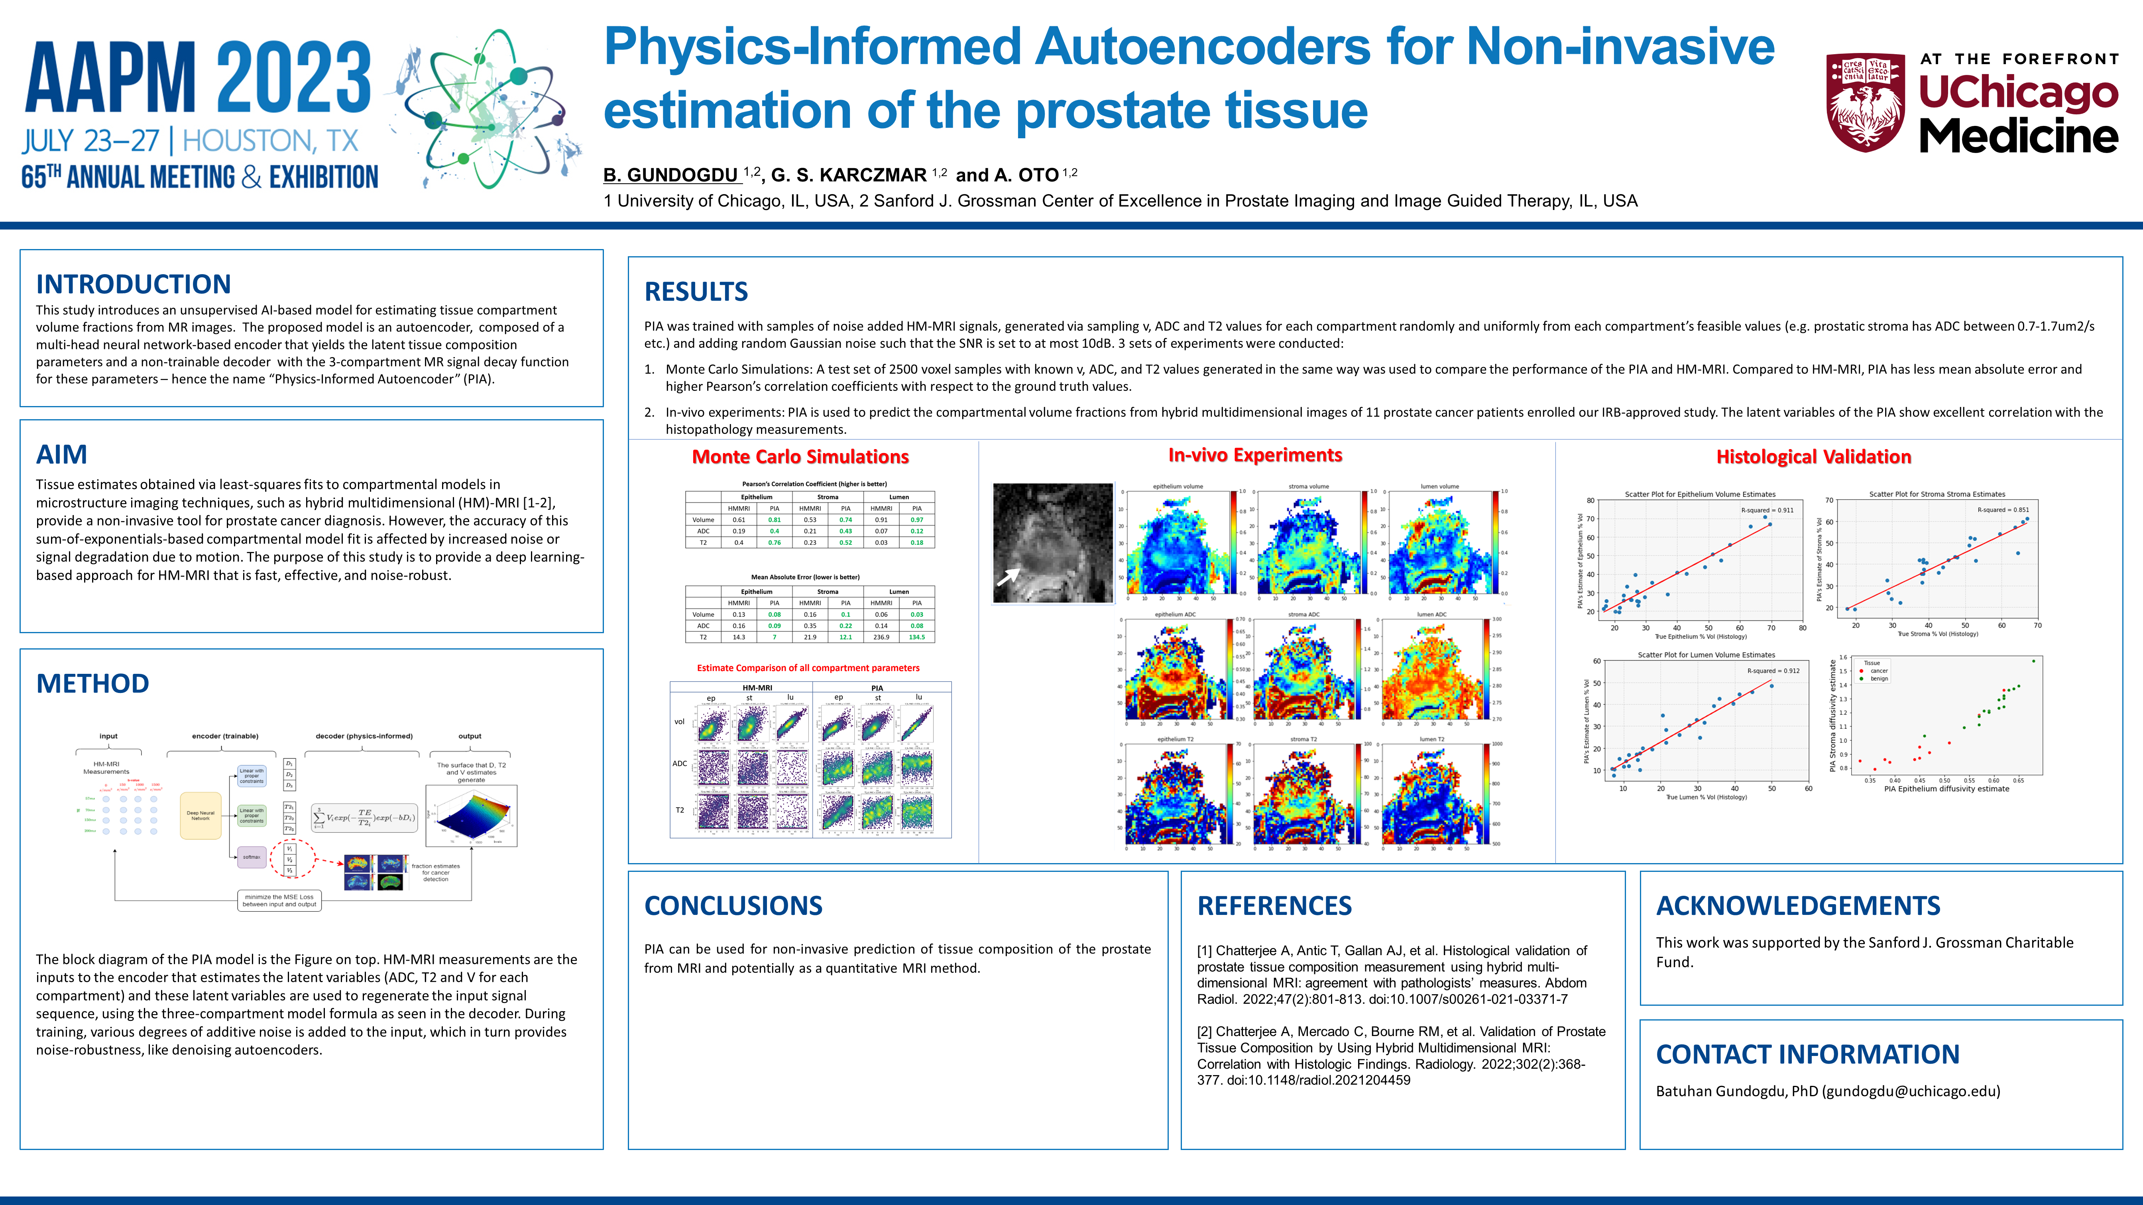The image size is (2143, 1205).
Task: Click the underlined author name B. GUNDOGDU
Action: point(670,175)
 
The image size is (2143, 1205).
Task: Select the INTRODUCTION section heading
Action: point(133,285)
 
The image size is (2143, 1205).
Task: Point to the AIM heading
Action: point(61,455)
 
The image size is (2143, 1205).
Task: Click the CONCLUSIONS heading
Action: point(733,906)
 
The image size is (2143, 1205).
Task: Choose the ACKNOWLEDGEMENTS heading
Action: point(1798,906)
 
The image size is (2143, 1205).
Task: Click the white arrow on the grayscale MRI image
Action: point(1008,575)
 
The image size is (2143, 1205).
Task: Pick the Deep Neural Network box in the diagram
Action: point(201,816)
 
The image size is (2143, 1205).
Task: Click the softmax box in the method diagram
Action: point(251,857)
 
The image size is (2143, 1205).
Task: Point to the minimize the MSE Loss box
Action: point(279,901)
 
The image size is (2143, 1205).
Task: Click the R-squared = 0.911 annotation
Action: point(1767,510)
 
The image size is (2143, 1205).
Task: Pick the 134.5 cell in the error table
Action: point(917,637)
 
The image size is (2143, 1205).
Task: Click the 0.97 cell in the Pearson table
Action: point(917,520)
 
